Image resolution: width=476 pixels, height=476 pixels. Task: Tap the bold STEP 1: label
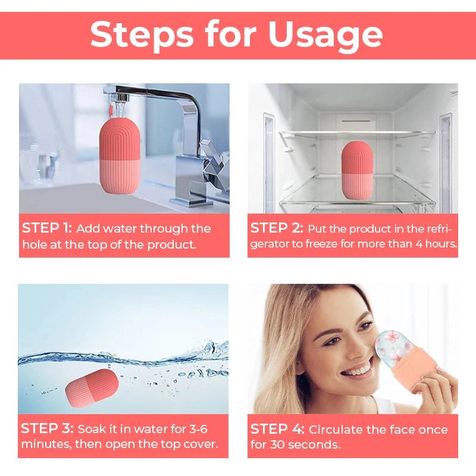47,228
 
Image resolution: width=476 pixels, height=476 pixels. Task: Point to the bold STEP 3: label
47,429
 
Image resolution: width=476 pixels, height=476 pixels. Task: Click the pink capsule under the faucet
116,158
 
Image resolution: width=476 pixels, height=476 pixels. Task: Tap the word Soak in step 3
93,429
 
